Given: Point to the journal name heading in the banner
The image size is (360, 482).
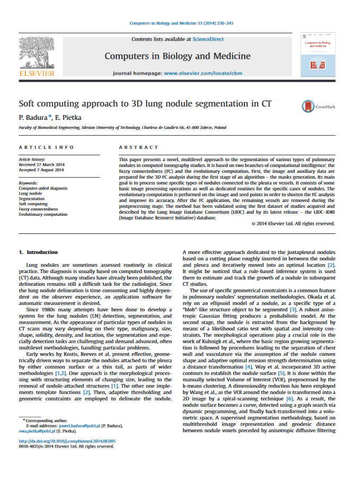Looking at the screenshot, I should click(x=177, y=56).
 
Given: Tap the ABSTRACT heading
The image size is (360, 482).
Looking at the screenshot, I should click(x=138, y=147).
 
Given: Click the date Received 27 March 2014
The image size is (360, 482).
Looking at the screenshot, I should click(x=41, y=164).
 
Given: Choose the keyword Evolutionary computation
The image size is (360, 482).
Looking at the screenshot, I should click(x=43, y=214).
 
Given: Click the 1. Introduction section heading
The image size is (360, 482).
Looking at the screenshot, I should click(x=38, y=252).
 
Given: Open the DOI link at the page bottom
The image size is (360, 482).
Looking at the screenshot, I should click(x=67, y=441).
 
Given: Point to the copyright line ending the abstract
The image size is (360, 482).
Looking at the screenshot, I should click(x=293, y=224).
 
